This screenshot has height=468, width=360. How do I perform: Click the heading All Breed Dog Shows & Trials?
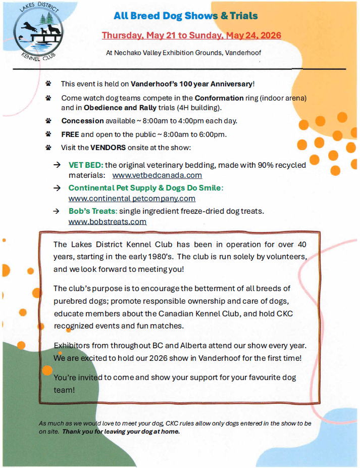[x=186, y=16]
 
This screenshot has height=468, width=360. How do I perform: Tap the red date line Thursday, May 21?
[x=191, y=35]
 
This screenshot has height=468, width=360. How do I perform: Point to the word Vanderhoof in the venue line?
[x=242, y=53]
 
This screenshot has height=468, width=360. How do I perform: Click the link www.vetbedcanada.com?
[x=157, y=175]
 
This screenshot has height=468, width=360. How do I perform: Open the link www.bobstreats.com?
[x=107, y=221]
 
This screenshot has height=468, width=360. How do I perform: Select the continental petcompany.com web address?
[x=132, y=199]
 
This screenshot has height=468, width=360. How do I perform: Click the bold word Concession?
[x=83, y=121]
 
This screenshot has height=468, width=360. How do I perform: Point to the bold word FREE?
[x=70, y=134]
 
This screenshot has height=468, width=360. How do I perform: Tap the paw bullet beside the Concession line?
[x=48, y=121]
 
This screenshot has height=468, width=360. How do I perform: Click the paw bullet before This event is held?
[x=48, y=83]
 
